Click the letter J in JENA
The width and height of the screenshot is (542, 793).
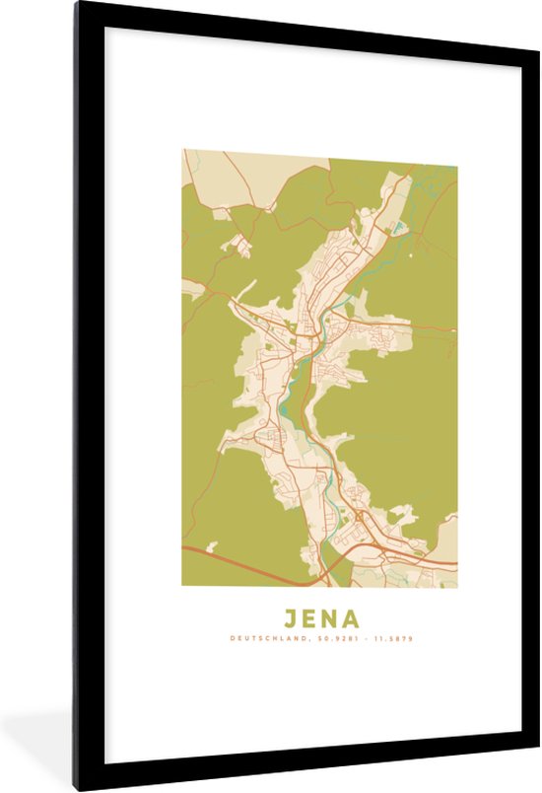click(x=292, y=619)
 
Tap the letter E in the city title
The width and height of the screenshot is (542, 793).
click(x=310, y=619)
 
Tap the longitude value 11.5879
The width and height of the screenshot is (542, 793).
click(x=391, y=639)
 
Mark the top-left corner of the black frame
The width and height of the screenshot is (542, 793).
click(x=75, y=3)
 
